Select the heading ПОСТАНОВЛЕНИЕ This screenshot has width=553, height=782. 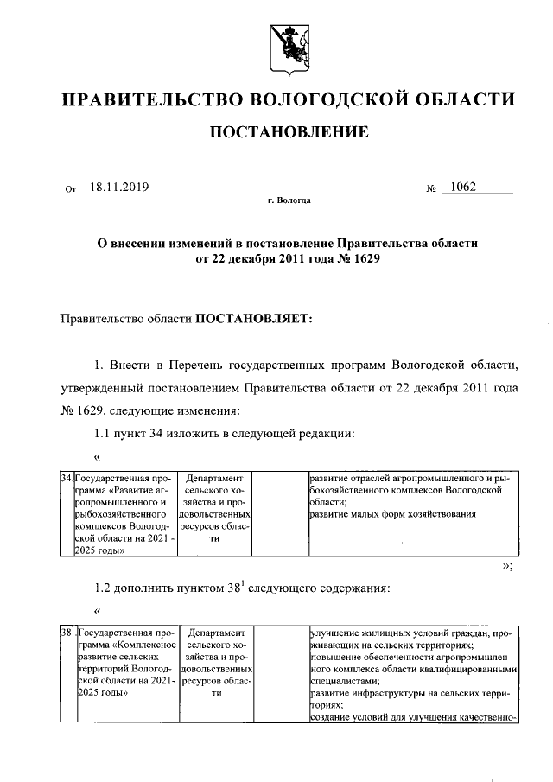point(288,132)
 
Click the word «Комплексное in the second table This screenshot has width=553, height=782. point(143,645)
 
